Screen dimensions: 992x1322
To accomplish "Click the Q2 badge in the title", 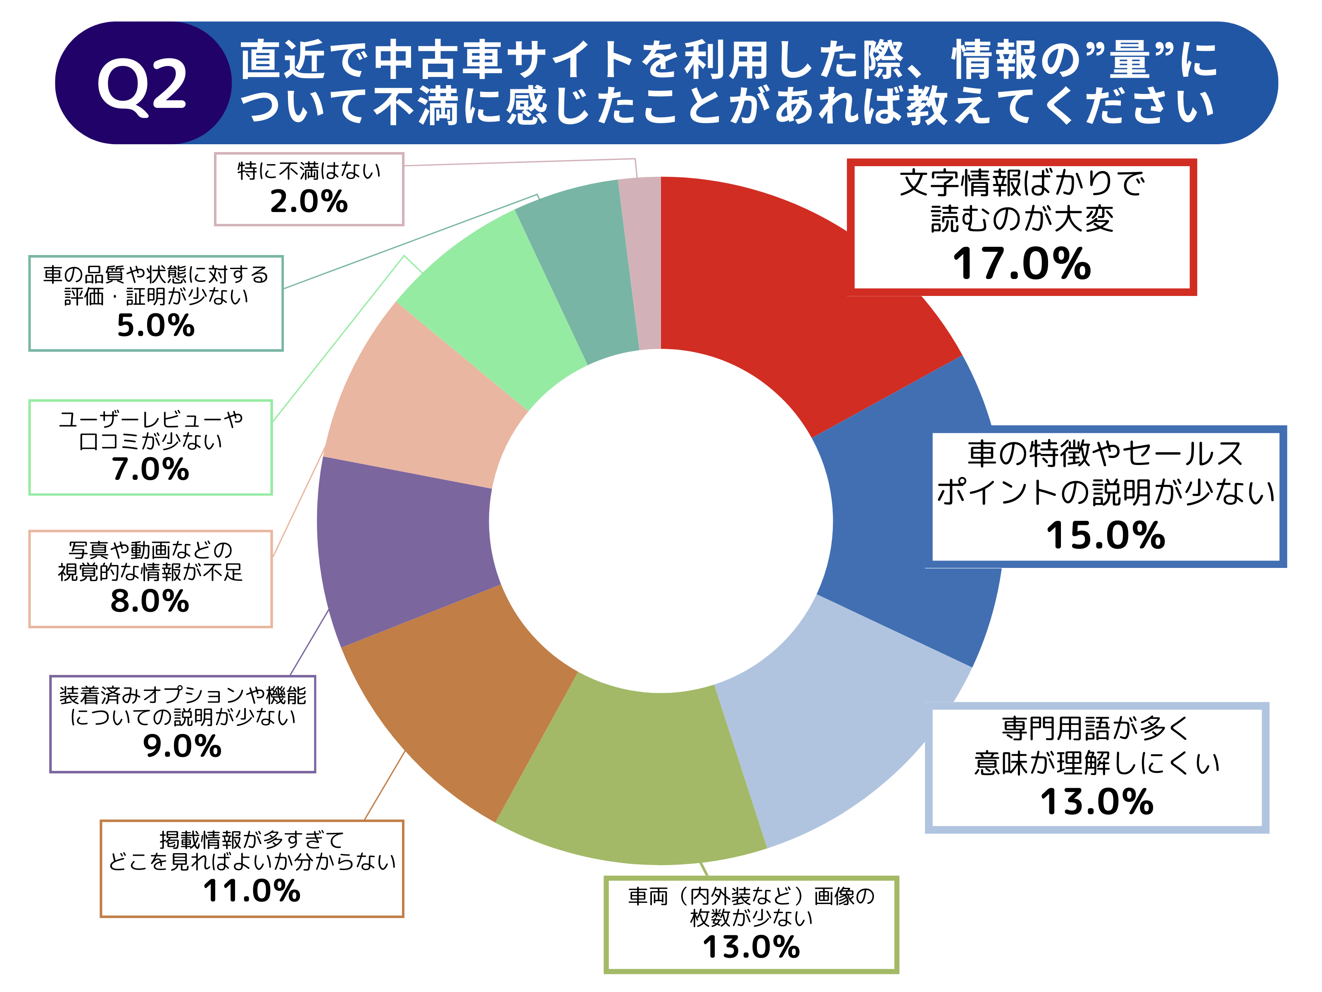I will coord(142,84).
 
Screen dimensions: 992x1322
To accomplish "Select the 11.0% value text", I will coord(252,891).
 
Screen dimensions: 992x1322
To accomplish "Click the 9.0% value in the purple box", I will coord(182,746).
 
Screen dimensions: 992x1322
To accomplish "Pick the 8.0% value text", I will coord(150,601).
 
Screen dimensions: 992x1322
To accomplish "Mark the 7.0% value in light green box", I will coord(150,470).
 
